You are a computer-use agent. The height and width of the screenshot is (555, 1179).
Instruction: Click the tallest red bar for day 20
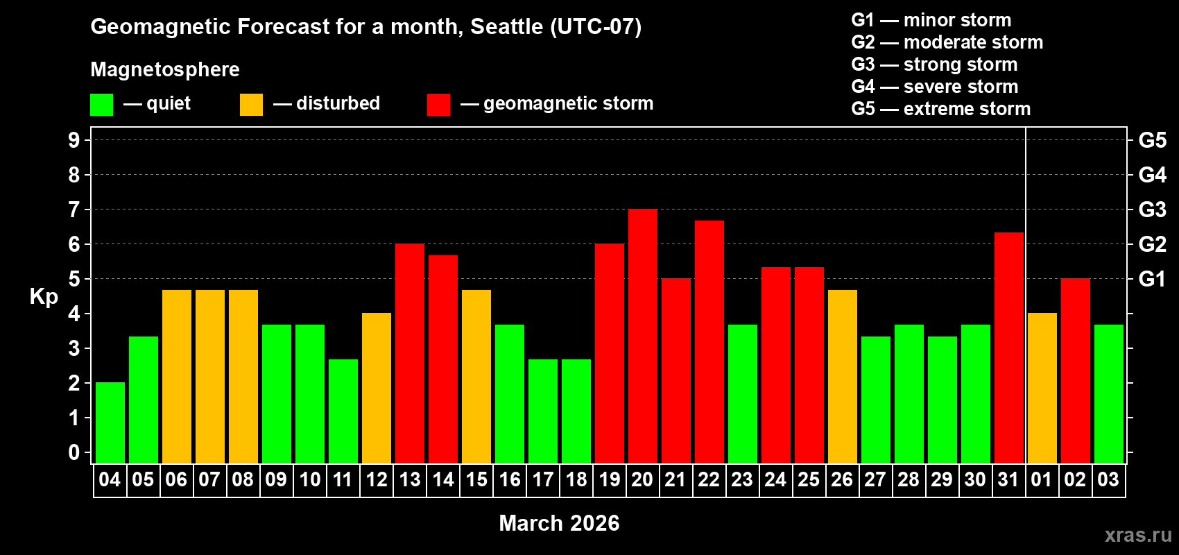click(643, 336)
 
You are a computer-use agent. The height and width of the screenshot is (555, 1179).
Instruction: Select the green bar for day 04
click(110, 422)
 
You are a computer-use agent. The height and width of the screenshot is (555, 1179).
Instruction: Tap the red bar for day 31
click(1009, 348)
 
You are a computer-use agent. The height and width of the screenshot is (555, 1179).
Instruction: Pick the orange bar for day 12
click(377, 388)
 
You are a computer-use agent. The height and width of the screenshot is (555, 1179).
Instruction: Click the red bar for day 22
click(709, 341)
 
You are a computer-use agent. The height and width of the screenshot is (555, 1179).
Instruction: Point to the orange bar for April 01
click(1042, 388)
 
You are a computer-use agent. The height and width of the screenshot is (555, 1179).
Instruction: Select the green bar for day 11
click(343, 411)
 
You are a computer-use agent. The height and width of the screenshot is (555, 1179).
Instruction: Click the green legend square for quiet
click(102, 105)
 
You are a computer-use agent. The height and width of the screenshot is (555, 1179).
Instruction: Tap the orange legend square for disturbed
click(251, 105)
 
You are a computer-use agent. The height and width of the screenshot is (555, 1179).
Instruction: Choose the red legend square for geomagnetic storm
click(438, 105)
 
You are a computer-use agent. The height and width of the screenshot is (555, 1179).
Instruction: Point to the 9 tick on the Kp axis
click(74, 140)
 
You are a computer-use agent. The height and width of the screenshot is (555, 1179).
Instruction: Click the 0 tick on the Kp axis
click(74, 452)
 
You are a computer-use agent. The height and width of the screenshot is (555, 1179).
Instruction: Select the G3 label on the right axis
click(1152, 210)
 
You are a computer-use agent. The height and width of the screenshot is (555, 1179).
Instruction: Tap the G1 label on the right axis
click(1152, 279)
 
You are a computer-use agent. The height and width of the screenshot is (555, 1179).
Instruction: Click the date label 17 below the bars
click(543, 479)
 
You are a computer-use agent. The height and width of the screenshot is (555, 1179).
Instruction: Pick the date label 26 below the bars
click(842, 479)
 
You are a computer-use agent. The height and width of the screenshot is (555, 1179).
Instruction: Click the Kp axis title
click(44, 297)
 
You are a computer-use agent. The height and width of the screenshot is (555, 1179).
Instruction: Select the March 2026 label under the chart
click(559, 523)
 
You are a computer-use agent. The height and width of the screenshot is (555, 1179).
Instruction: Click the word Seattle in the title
click(506, 26)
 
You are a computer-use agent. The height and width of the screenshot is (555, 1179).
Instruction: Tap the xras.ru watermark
click(1138, 535)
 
